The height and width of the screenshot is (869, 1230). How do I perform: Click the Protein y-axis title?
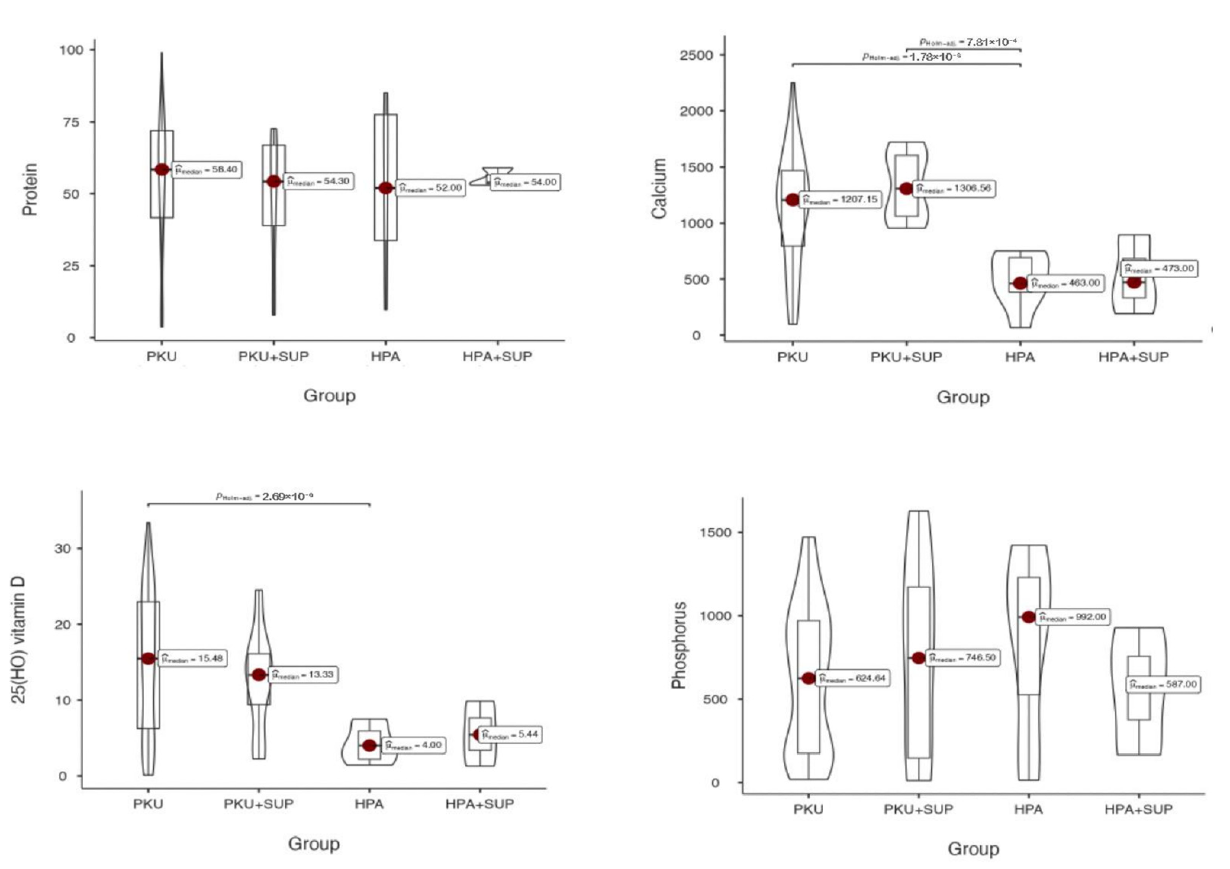(x=30, y=189)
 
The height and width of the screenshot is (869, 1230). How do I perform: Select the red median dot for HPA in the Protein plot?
(x=386, y=188)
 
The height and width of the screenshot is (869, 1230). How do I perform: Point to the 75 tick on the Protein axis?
(x=71, y=122)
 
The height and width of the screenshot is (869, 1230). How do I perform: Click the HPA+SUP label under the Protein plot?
(x=497, y=357)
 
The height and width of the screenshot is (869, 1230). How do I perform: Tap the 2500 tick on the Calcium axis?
(x=696, y=55)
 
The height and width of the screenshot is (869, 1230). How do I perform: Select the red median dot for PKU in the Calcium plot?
(x=793, y=200)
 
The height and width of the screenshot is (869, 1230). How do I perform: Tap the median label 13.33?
(x=303, y=674)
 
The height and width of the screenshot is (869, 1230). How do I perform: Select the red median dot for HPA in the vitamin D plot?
(x=369, y=745)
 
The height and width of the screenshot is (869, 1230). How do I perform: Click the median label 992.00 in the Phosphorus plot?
(x=1074, y=617)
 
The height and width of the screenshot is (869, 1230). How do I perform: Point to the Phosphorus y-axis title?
(x=679, y=645)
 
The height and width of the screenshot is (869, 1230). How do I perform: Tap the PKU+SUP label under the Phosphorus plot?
(x=919, y=809)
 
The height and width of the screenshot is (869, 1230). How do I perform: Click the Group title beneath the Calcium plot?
(x=963, y=397)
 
